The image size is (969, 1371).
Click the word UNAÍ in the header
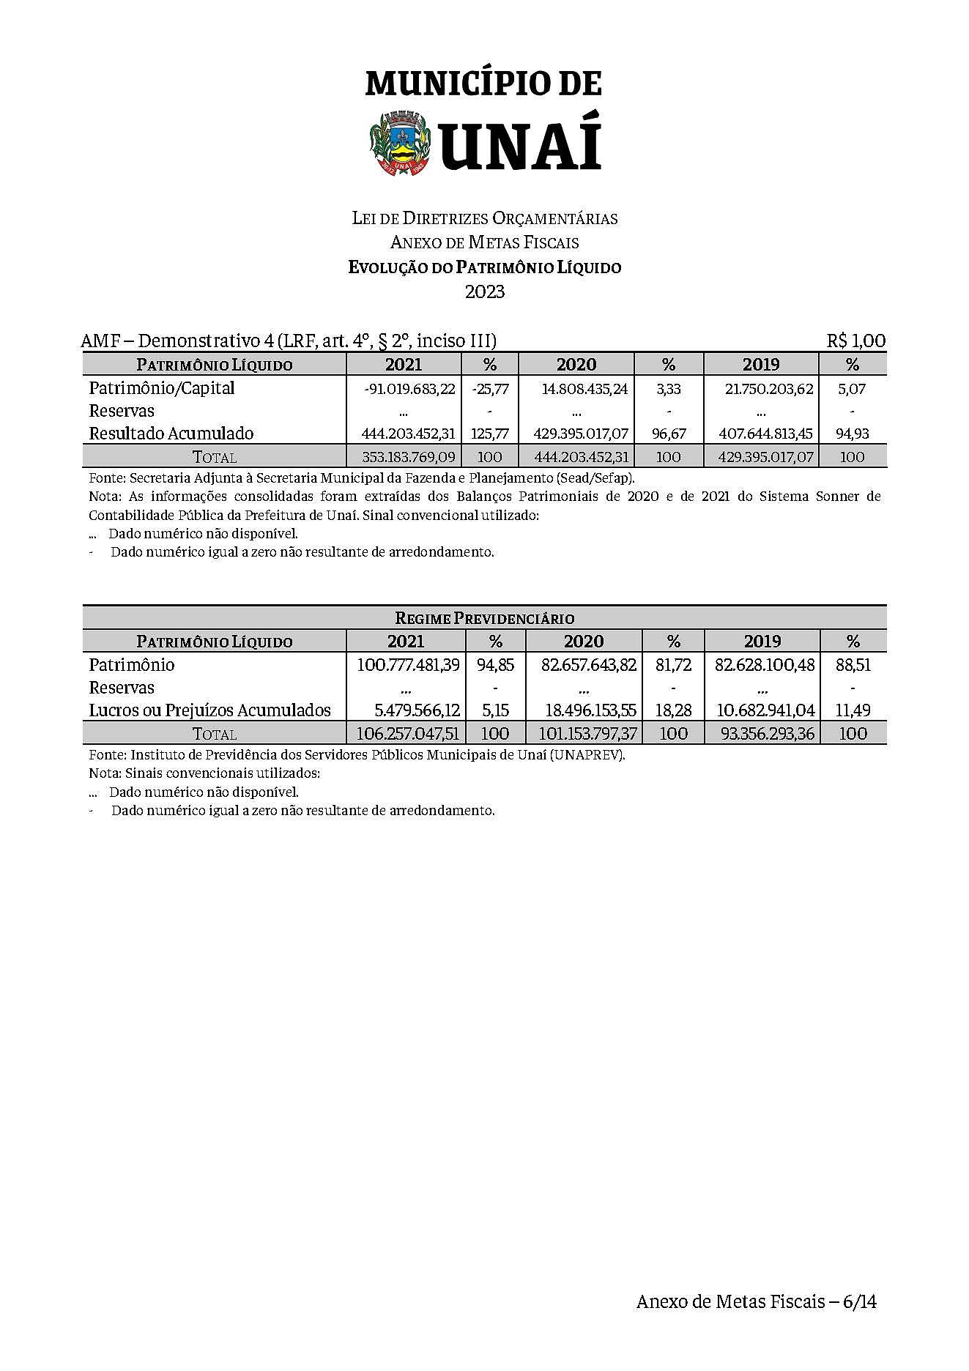pos(521,141)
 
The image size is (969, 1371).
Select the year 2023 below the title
pos(485,291)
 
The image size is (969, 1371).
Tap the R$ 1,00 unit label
pos(855,341)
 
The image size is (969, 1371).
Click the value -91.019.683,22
pos(409,389)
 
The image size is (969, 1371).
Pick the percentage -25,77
pos(490,389)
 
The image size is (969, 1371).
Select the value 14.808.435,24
pos(584,389)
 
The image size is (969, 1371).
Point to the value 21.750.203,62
pos(769,389)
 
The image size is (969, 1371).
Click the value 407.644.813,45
pos(765,434)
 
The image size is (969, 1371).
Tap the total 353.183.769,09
pos(409,457)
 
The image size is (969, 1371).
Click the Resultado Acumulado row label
pos(171,434)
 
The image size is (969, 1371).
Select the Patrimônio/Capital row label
pos(161,388)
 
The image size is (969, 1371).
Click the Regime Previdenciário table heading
pos(484,618)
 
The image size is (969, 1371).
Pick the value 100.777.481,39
pos(408,665)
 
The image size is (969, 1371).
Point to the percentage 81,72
pos(673,665)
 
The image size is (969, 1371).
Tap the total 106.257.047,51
pos(407,734)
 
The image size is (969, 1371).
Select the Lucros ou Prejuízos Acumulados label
pos(209,710)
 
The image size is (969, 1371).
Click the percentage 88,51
pos(853,665)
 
